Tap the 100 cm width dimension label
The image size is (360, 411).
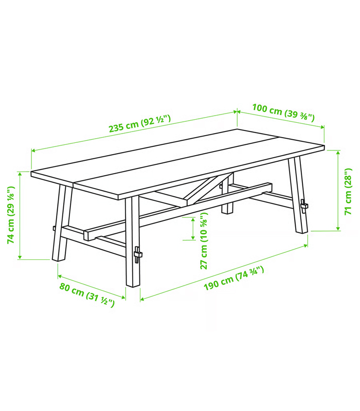coord(283,113)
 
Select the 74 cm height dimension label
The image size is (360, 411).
coord(11,215)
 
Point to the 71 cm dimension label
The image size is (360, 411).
coord(348,191)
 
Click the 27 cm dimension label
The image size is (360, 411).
coord(204,240)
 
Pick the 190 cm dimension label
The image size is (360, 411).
coord(234,278)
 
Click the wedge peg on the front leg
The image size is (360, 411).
coord(137,254)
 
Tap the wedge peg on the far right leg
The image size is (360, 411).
coord(304,206)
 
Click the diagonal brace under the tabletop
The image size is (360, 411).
coord(207,189)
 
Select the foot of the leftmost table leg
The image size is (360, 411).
coord(59,258)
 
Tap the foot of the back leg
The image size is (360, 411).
coord(227,211)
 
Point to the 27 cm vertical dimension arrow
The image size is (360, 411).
coord(193,229)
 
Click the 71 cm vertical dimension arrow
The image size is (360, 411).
coord(338,191)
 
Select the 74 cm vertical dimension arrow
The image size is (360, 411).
coord(20,215)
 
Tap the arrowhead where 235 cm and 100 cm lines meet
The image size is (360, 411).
coord(237,111)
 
